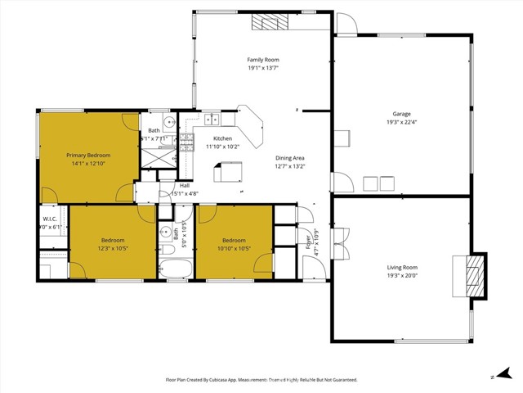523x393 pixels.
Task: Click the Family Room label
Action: click(x=264, y=60)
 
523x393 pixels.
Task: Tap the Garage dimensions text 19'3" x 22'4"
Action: click(x=401, y=123)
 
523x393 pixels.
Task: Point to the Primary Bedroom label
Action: click(x=88, y=155)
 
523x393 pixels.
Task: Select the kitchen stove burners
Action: click(x=187, y=143)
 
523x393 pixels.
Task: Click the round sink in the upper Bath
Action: click(x=168, y=124)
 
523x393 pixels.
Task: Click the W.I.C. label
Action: click(x=49, y=219)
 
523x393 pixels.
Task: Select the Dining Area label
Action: click(x=289, y=157)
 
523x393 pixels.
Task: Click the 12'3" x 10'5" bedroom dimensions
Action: click(x=101, y=248)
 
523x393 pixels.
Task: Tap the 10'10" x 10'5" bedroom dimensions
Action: click(x=235, y=248)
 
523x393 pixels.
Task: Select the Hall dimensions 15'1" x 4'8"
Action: click(x=185, y=194)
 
